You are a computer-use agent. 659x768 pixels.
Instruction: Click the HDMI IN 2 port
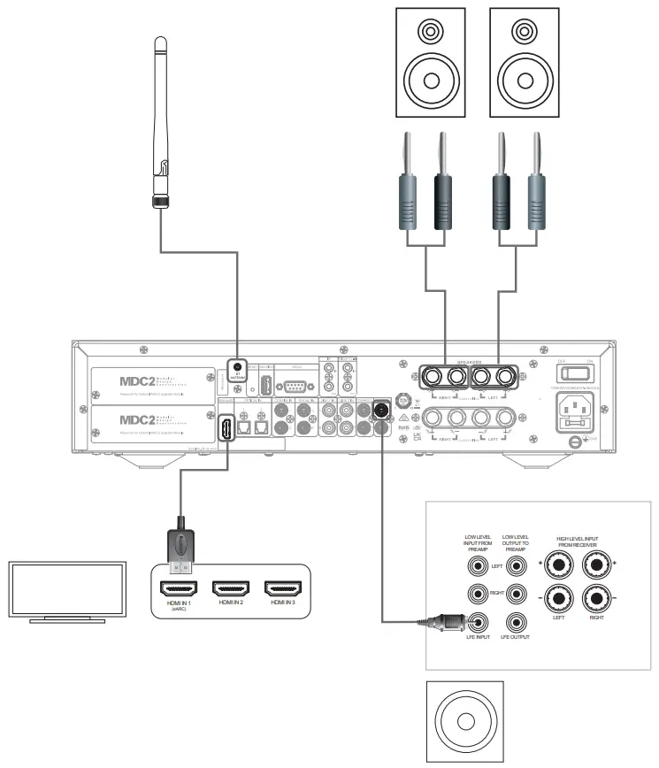point(231,587)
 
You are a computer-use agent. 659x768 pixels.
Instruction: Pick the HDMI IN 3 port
point(283,587)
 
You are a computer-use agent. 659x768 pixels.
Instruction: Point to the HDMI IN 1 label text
point(178,604)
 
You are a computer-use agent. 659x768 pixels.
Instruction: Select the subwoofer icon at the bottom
point(465,720)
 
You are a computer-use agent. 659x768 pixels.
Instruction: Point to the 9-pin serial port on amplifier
point(293,386)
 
